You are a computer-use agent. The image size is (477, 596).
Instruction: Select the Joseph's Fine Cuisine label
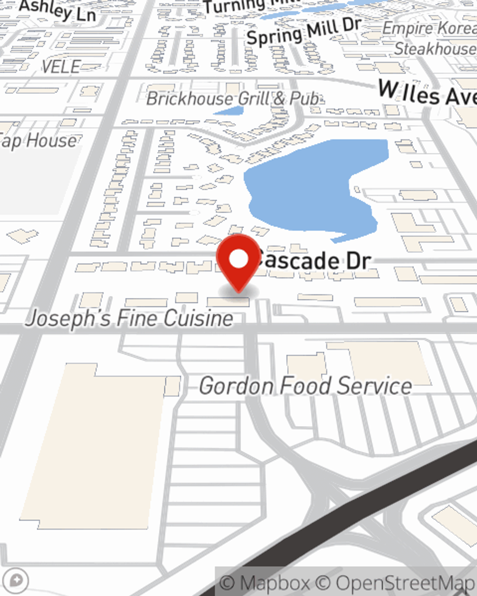point(129,318)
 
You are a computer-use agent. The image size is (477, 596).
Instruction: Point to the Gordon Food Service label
point(305,386)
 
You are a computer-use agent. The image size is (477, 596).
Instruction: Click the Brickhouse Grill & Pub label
point(233,99)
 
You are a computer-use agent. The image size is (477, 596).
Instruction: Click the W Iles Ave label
point(427,93)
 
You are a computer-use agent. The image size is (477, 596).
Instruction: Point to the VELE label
point(61,67)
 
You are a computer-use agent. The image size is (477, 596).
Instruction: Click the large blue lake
point(310,186)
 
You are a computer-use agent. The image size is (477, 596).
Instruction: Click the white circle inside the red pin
point(238,259)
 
